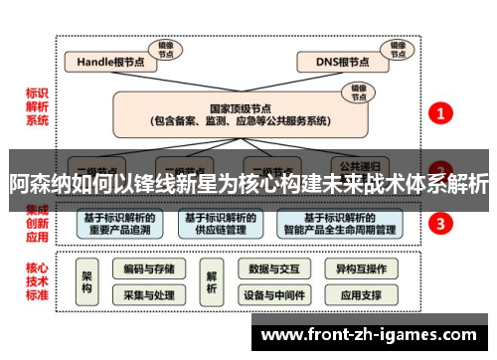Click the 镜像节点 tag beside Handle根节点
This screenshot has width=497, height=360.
(163, 48)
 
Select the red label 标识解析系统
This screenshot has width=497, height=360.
(38, 107)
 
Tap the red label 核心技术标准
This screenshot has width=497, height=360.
(38, 280)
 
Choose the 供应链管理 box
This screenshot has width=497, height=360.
(218, 224)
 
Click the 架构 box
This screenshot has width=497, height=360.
(87, 281)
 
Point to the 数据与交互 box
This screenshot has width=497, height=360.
(273, 270)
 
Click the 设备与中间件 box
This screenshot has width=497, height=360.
(273, 295)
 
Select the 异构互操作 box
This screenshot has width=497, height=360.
(361, 270)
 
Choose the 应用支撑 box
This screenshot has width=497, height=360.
(361, 295)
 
